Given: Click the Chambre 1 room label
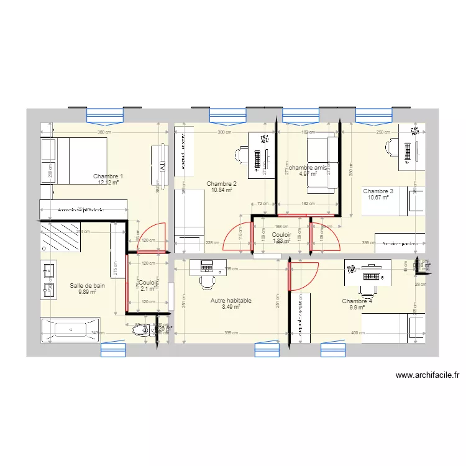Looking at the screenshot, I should tap(109, 176).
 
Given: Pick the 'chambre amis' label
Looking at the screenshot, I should tap(307, 168).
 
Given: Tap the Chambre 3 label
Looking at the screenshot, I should tap(378, 191).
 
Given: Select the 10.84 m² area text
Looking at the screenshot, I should tap(222, 190).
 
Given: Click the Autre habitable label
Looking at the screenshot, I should tap(231, 300).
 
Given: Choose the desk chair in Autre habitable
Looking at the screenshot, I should tap(207, 283).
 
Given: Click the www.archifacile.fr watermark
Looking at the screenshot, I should tap(427, 375).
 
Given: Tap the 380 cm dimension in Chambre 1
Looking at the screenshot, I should tap(104, 132).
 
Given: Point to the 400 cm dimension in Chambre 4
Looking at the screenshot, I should tap(358, 334).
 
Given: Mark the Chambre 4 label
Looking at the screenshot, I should tap(357, 301).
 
